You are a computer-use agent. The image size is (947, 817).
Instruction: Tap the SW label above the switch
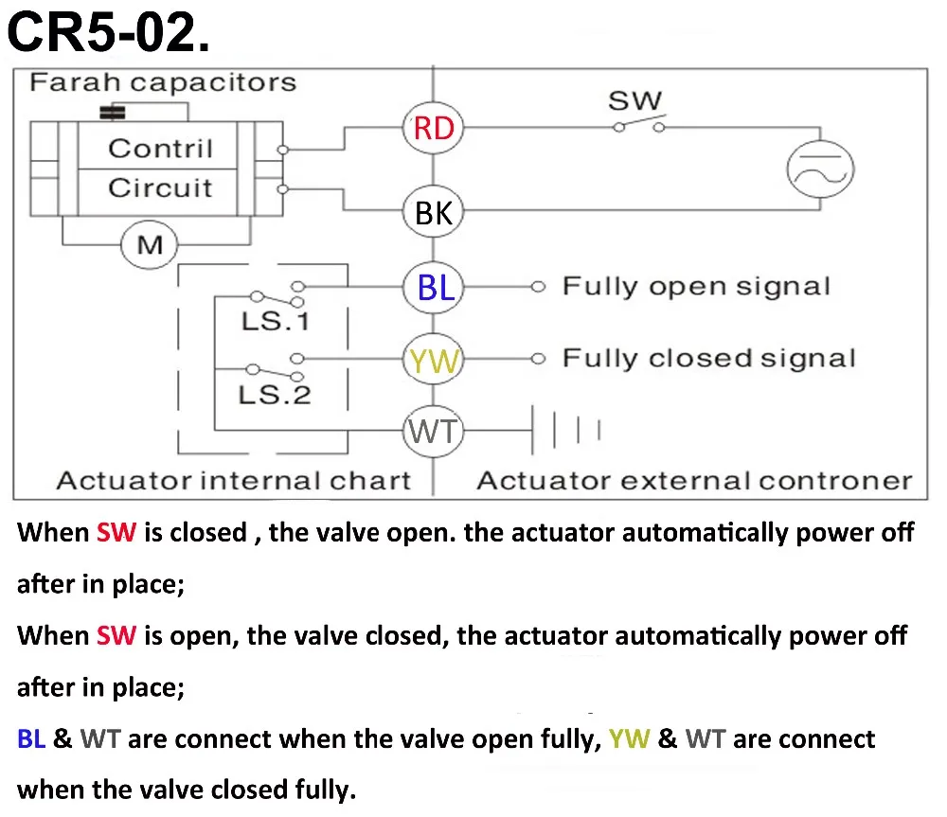[634, 100]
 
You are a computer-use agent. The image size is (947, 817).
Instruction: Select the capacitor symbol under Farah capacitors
[113, 113]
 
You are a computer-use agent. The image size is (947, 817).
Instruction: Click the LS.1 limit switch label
[276, 321]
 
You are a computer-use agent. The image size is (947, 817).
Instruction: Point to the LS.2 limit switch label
[275, 395]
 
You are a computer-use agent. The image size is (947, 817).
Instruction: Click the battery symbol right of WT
[565, 430]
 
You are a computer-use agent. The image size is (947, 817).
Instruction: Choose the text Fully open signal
[696, 286]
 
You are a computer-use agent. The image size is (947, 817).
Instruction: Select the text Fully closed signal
[709, 358]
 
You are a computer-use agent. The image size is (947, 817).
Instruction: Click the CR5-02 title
[109, 32]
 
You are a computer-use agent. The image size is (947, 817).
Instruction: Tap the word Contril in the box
[161, 148]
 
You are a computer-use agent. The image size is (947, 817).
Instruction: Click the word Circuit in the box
[161, 187]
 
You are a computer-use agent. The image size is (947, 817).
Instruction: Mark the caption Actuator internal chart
[234, 481]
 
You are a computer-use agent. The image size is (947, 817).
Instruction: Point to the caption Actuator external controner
[694, 481]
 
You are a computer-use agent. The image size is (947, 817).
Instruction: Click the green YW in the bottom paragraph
[630, 738]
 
